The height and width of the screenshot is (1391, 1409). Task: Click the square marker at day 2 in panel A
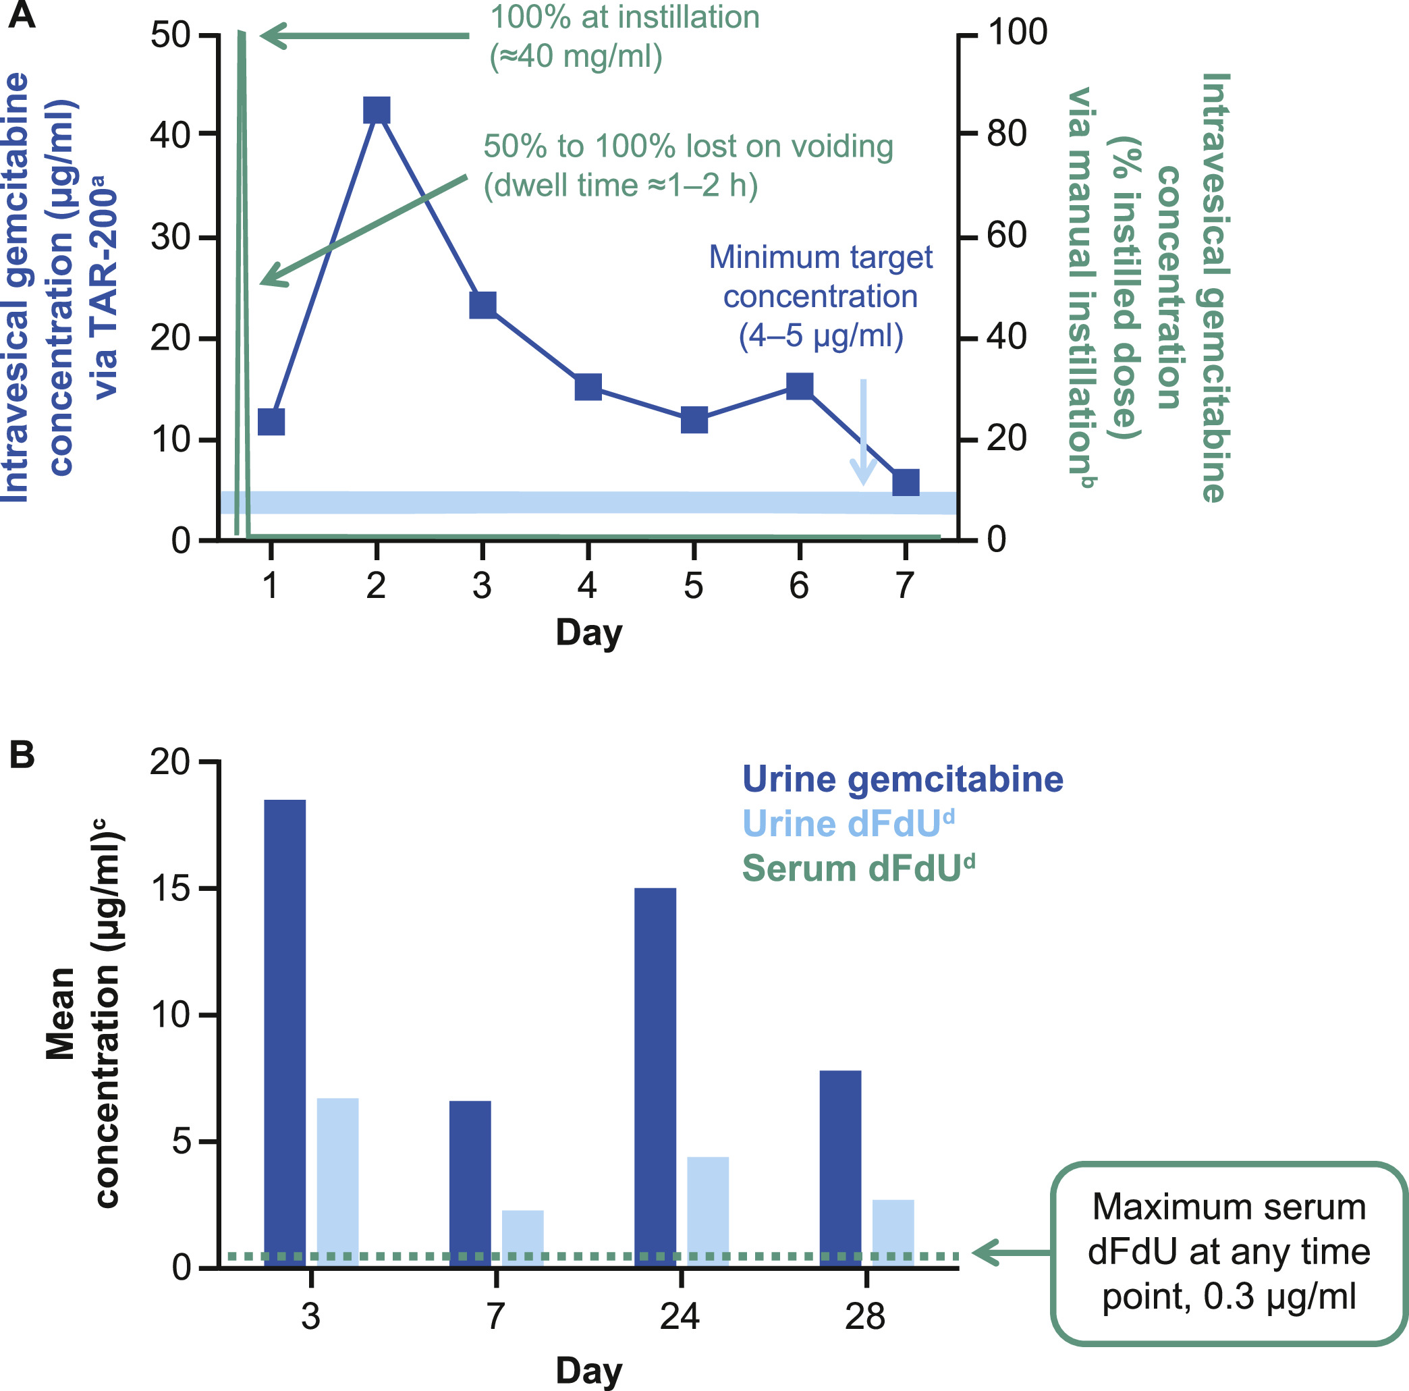click(377, 110)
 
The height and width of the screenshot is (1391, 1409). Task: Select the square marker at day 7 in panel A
click(906, 482)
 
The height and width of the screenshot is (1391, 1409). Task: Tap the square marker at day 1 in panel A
click(271, 422)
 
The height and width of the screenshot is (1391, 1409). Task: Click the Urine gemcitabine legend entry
click(902, 779)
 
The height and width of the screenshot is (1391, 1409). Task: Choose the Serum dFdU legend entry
click(858, 869)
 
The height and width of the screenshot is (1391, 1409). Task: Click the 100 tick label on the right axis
click(1018, 33)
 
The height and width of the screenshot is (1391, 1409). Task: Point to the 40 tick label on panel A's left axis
click(170, 135)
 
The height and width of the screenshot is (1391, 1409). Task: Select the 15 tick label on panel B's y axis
click(170, 888)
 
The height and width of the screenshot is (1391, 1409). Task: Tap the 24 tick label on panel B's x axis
click(680, 1316)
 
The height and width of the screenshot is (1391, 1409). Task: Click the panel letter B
click(22, 755)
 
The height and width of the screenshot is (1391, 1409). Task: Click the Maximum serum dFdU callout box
click(1229, 1252)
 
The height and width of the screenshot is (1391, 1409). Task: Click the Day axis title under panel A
click(588, 632)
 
